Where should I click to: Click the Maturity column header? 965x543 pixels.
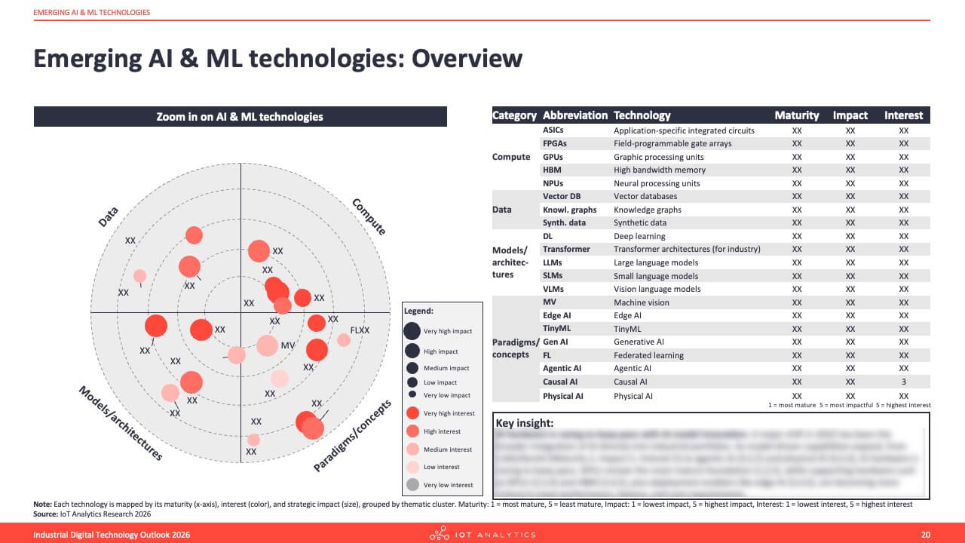tap(796, 115)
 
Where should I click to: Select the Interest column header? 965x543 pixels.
tap(903, 115)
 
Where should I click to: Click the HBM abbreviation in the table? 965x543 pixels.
tap(552, 170)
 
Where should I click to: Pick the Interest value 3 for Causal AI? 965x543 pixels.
tap(904, 382)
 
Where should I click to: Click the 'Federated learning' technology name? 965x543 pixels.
tap(648, 355)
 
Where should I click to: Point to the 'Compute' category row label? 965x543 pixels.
tap(511, 157)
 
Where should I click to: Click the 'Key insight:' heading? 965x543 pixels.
tap(525, 423)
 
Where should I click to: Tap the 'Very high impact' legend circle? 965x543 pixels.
tap(412, 331)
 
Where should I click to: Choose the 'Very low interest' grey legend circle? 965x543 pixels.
tap(412, 485)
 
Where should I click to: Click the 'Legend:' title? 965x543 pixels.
tap(418, 311)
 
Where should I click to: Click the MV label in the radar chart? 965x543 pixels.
tap(287, 345)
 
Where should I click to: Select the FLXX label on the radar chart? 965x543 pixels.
tap(360, 330)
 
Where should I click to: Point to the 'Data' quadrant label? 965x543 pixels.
tap(109, 217)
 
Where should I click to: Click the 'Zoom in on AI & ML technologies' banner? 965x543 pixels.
tap(240, 117)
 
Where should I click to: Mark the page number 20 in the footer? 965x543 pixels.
tap(926, 535)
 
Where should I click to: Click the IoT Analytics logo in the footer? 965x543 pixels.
tap(482, 535)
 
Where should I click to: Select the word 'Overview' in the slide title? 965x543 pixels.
tap(466, 59)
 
